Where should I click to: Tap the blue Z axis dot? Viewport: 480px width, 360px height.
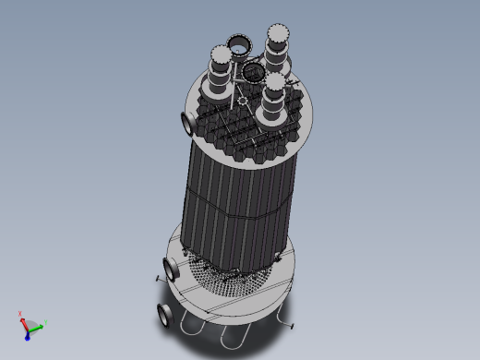(x=29, y=330)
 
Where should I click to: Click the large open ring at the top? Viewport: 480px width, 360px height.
(x=239, y=44)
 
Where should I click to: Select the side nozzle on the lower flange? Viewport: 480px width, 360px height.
(x=171, y=269)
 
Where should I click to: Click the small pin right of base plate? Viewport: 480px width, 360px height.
(x=291, y=324)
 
